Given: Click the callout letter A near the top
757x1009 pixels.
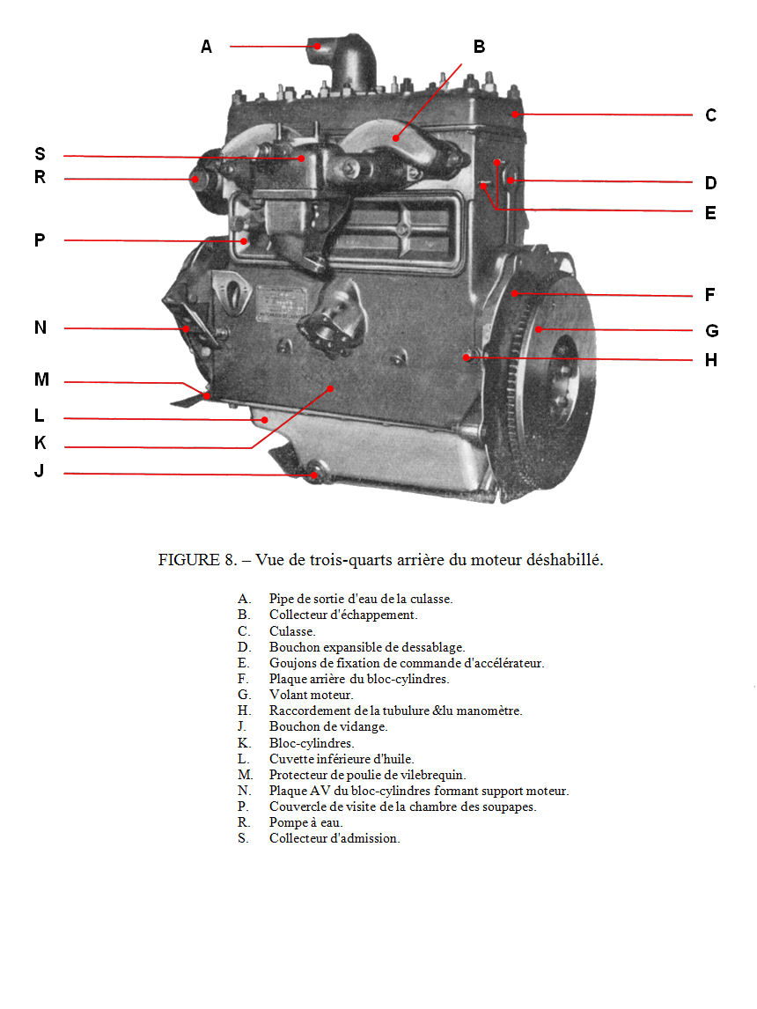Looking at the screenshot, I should [x=206, y=47].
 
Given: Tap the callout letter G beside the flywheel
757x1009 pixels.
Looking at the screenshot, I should [x=711, y=331].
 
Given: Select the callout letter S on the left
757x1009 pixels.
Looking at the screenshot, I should [x=40, y=154].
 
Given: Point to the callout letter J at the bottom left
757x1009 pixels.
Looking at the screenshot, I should [x=39, y=471].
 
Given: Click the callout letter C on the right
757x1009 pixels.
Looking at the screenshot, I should [x=710, y=115].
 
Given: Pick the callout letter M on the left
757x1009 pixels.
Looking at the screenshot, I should [x=41, y=379].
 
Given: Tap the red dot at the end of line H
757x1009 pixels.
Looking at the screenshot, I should [x=467, y=357].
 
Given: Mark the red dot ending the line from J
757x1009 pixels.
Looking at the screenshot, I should [x=313, y=475].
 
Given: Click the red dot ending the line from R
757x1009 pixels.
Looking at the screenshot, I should [x=195, y=179].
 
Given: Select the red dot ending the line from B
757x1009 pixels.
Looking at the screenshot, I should [x=396, y=137].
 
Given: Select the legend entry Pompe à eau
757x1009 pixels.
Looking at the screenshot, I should [x=305, y=822].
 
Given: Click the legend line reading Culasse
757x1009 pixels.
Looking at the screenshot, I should [x=292, y=631].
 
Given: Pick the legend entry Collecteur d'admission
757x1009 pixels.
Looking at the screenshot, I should [x=334, y=838].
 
